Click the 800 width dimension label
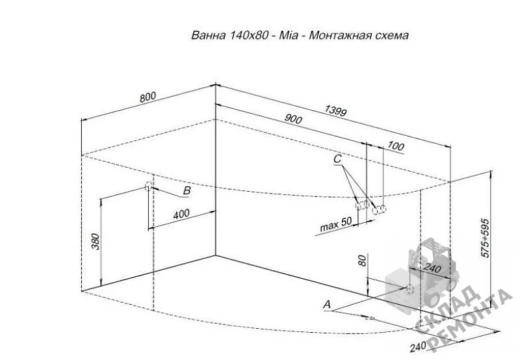pyautogui.click(x=148, y=97)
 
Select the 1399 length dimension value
pyautogui.click(x=335, y=110)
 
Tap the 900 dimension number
pyautogui.click(x=293, y=118)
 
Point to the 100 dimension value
pyautogui.click(x=396, y=146)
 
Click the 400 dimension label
pyautogui.click(x=181, y=214)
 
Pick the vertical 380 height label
pyautogui.click(x=95, y=241)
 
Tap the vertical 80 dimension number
pyautogui.click(x=363, y=261)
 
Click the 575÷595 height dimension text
pyautogui.click(x=485, y=238)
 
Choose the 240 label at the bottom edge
pyautogui.click(x=418, y=348)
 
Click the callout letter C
pyautogui.click(x=337, y=159)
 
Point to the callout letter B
pyautogui.click(x=187, y=190)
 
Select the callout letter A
pyautogui.click(x=327, y=304)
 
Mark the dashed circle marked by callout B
pyautogui.click(x=148, y=186)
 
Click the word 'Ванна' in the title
pyautogui.click(x=208, y=35)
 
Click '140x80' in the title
pyautogui.click(x=248, y=35)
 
